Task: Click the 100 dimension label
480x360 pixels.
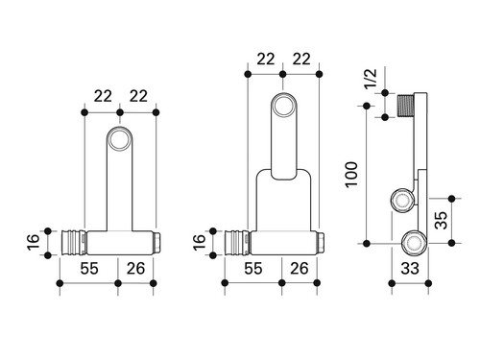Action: point(351,175)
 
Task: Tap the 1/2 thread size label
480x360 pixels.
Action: point(371,79)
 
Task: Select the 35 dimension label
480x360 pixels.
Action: point(442,220)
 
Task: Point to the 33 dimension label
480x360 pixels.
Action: point(410,268)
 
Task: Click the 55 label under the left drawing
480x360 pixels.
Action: point(89,268)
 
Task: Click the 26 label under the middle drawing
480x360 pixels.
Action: point(300,268)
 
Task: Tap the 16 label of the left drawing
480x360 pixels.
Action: point(33,242)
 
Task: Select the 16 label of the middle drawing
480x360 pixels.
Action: point(199,242)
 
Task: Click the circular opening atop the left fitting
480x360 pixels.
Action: point(119,139)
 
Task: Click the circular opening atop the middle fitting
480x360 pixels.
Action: point(283,105)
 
